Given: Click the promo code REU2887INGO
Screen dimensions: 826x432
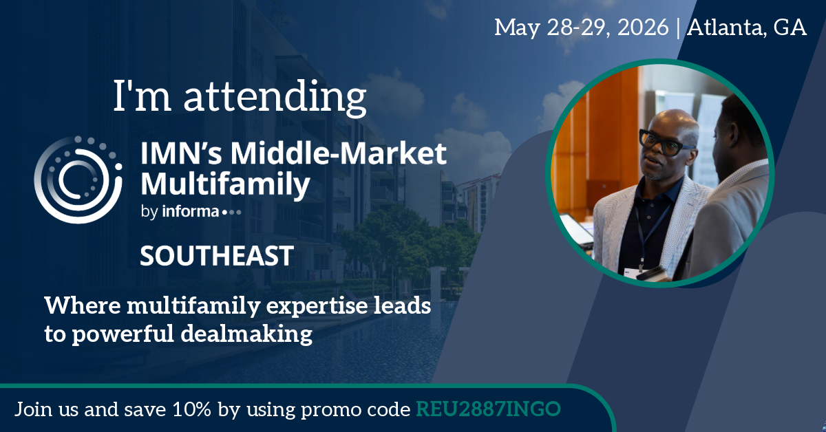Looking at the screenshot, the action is (488, 409).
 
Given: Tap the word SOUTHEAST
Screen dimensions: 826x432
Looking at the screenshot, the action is (217, 256).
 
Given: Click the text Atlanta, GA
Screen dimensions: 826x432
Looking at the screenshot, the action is (746, 28).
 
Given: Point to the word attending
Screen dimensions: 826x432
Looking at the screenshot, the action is (275, 96).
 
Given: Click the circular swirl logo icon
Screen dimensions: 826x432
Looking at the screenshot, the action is (78, 180).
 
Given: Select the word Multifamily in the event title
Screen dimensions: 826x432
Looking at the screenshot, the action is (225, 184).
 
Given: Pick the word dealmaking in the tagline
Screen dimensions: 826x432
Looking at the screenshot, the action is (246, 334).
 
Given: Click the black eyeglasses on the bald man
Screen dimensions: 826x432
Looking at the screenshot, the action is (664, 142).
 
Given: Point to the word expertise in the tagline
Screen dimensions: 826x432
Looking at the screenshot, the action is (317, 306).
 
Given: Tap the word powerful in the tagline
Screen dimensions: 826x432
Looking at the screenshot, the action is (123, 334).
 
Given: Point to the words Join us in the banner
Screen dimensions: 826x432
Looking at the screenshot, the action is (47, 409).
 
